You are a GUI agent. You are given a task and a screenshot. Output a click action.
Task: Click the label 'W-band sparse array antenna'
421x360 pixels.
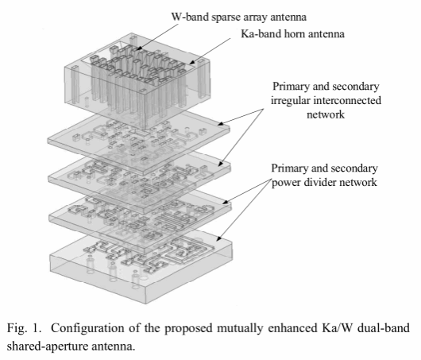click(x=238, y=17)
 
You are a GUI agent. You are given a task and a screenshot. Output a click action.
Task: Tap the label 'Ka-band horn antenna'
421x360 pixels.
click(x=292, y=34)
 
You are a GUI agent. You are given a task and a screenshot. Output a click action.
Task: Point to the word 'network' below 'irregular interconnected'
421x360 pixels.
click(x=326, y=114)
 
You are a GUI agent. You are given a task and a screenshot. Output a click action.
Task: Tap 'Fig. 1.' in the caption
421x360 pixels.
click(x=24, y=328)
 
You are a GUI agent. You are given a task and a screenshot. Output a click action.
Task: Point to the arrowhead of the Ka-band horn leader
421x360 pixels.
click(x=192, y=62)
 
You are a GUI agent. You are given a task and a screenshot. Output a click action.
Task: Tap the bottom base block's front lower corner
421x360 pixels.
click(x=146, y=304)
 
